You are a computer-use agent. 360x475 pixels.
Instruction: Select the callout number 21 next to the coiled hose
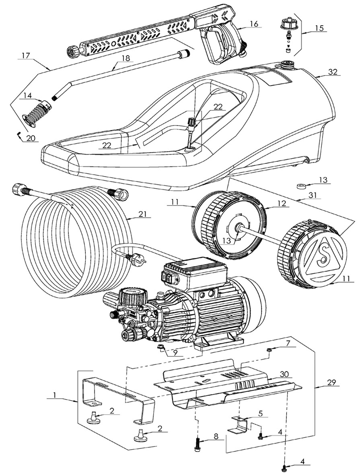click(x=142, y=214)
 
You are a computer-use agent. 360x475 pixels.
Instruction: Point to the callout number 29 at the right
click(x=332, y=382)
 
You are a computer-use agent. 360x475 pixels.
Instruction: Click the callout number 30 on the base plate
click(x=284, y=374)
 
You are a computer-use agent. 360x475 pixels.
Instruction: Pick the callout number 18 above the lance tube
click(x=125, y=58)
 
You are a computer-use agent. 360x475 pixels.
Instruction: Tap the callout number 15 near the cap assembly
click(x=319, y=28)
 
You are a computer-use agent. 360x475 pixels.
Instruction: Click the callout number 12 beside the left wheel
click(x=282, y=203)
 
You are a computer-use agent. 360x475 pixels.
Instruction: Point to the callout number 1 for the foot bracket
click(x=55, y=395)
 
